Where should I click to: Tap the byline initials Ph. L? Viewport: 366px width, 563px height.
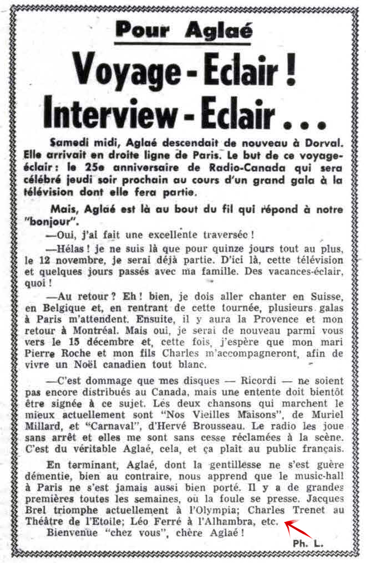(x=308, y=544)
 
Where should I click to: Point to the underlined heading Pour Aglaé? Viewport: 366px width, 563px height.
(x=184, y=29)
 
